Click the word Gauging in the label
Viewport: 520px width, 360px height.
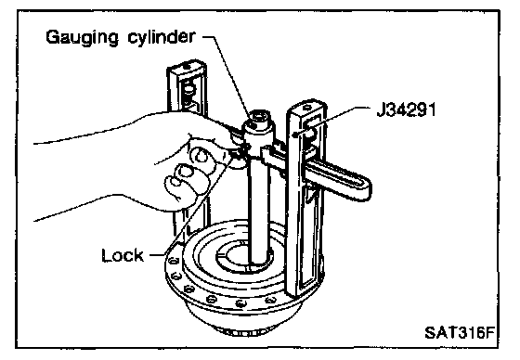point(82,37)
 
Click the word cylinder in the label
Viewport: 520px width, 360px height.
point(162,36)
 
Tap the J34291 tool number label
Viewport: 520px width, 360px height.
point(407,109)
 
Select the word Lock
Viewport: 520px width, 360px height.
point(123,255)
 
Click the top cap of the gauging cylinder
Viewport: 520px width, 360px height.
point(259,121)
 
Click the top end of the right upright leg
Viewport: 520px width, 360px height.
point(306,106)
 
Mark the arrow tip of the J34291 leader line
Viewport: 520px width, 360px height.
point(293,135)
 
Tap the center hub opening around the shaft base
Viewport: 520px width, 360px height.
point(245,256)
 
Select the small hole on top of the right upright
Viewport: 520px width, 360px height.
point(307,107)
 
